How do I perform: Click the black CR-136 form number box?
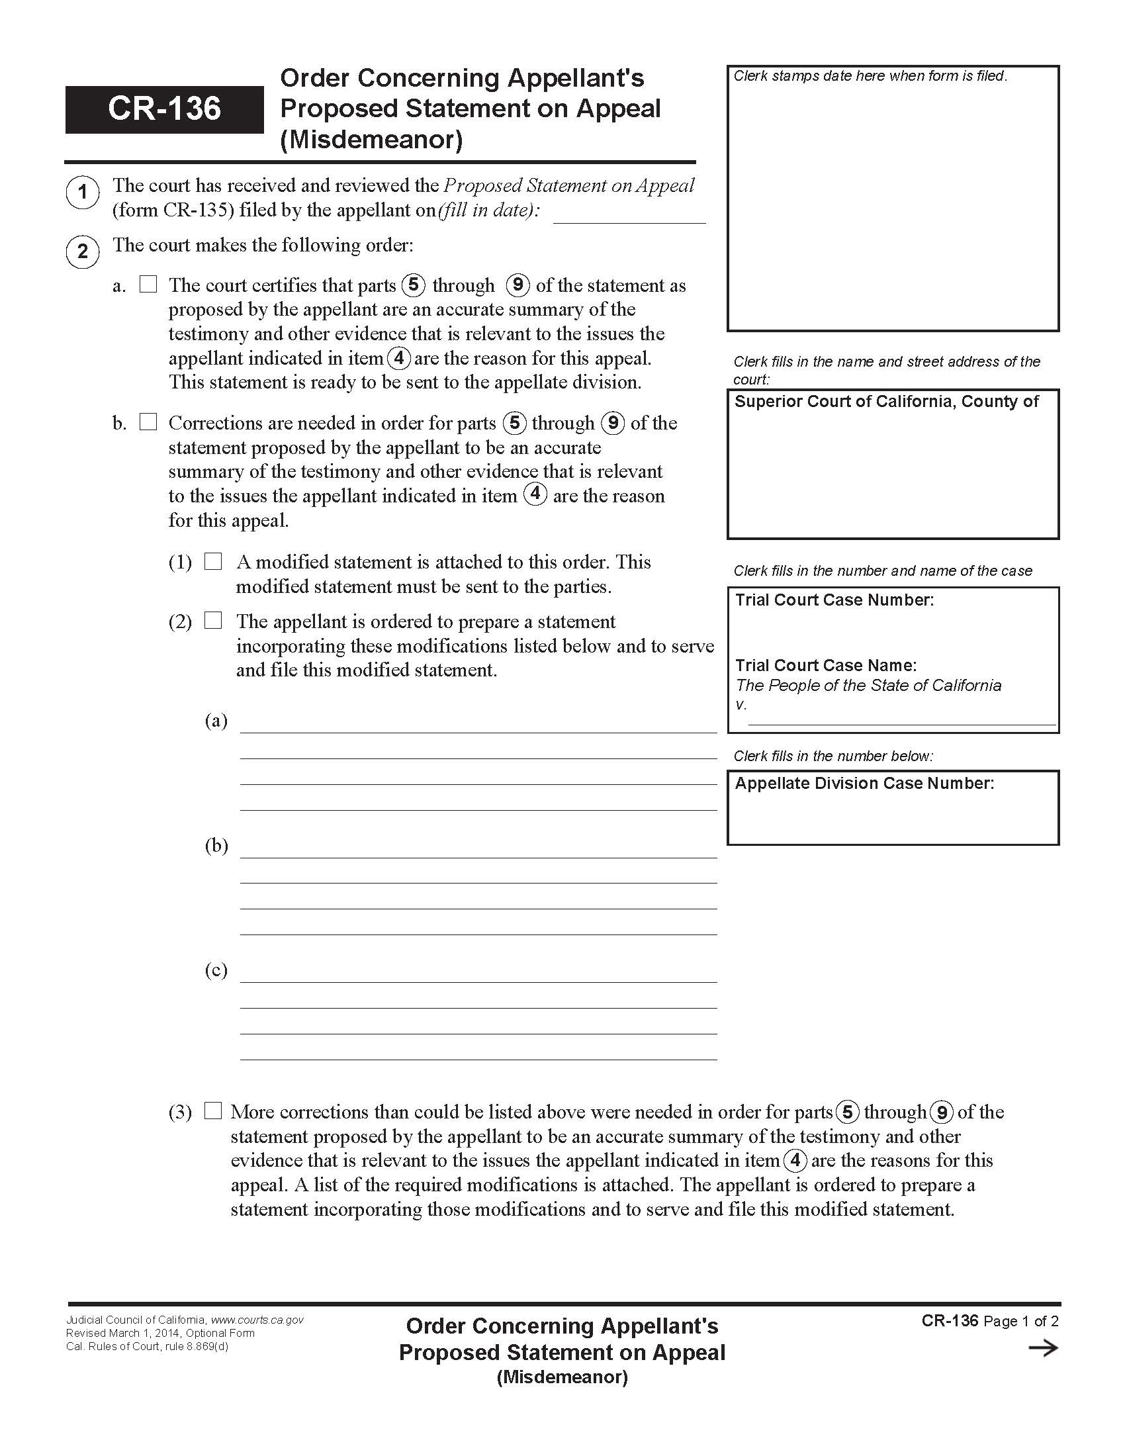(164, 109)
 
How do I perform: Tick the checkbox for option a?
(148, 285)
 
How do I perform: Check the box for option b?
(148, 422)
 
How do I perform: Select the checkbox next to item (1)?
(212, 561)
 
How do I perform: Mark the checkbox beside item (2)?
(212, 621)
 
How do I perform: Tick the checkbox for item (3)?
(212, 1111)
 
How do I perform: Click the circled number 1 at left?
(83, 192)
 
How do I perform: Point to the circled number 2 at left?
(83, 252)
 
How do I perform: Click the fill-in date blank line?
(629, 214)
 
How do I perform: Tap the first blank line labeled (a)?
(478, 725)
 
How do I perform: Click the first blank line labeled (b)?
(478, 850)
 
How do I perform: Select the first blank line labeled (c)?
(478, 975)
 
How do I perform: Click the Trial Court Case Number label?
(834, 600)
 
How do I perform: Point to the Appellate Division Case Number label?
(864, 784)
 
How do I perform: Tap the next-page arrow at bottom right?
(1043, 1349)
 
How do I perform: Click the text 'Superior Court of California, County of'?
(886, 401)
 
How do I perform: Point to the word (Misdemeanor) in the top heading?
(371, 140)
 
